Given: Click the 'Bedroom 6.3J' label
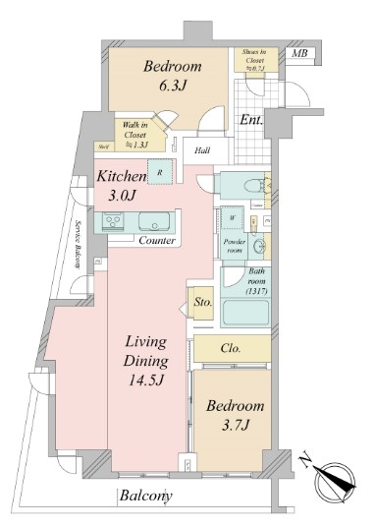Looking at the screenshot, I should pos(173,77).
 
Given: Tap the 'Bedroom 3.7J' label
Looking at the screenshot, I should pos(235,415).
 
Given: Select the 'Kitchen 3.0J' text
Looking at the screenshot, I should pos(121,186).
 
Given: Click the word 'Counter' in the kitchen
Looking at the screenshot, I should pos(156,241).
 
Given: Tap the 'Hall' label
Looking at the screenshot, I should pos(202,150).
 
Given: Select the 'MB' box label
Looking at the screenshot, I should pos(299,54).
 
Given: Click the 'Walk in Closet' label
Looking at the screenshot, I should pos(136,133).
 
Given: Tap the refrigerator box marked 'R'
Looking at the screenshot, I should pos(159,174).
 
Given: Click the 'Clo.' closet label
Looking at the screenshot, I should pos(231,348).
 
